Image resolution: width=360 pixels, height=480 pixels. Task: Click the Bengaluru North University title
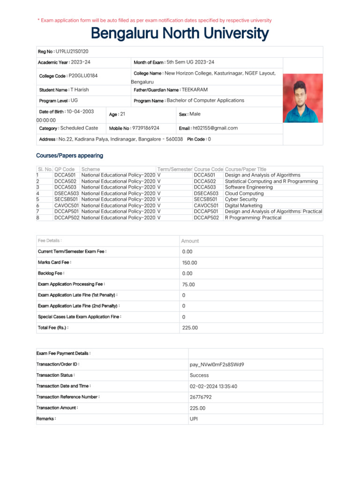click(x=180, y=34)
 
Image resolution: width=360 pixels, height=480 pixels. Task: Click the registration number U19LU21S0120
click(x=72, y=51)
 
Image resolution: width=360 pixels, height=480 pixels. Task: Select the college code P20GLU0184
click(x=83, y=75)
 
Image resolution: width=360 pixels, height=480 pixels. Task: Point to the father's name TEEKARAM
click(x=195, y=90)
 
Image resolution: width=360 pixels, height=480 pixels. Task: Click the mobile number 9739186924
click(x=146, y=128)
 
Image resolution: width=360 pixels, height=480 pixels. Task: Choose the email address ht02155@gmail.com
click(x=215, y=128)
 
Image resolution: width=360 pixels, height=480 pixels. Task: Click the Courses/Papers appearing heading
click(x=69, y=156)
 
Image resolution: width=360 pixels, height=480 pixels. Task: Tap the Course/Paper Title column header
click(x=246, y=169)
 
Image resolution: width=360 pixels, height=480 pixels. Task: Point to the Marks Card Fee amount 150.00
click(x=190, y=263)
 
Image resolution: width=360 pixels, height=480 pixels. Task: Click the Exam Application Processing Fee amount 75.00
click(x=188, y=285)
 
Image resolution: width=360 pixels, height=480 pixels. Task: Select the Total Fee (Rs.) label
click(x=53, y=327)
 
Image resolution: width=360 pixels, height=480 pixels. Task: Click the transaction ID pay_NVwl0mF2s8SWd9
click(x=217, y=364)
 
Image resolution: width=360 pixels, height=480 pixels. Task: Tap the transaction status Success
click(x=199, y=375)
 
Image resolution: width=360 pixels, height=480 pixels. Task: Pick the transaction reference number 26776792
click(x=201, y=397)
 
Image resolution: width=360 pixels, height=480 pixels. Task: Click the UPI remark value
click(x=194, y=419)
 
